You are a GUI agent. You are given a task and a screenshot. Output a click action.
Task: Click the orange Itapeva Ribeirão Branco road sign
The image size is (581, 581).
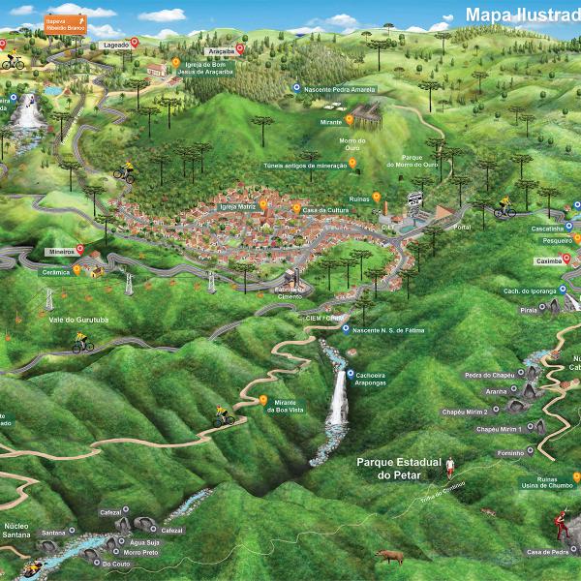point(65,23)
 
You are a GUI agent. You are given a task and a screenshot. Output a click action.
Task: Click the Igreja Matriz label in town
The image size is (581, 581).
point(236,205)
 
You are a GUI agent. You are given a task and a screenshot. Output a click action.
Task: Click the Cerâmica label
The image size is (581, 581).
point(56,273)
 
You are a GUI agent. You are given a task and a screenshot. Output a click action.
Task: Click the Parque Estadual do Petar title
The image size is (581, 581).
point(396,468)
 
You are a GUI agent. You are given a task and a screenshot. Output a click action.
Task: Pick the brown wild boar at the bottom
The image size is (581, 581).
point(389,556)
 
